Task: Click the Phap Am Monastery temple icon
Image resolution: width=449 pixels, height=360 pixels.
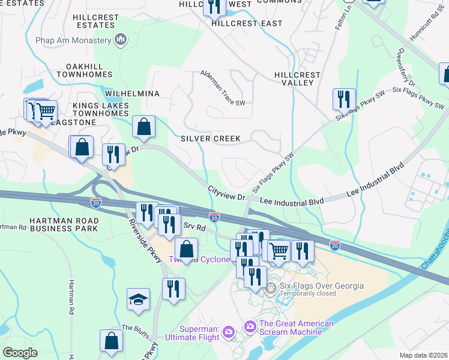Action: pyautogui.click(x=121, y=40)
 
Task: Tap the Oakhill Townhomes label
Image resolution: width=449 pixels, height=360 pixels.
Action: pyautogui.click(x=85, y=70)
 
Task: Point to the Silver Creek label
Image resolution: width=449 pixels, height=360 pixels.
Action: pyautogui.click(x=211, y=139)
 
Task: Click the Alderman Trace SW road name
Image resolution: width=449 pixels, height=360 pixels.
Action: pyautogui.click(x=223, y=86)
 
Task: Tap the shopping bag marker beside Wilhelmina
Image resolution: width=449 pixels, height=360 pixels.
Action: pyautogui.click(x=143, y=127)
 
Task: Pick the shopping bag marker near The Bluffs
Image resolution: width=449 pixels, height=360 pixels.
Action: pyautogui.click(x=111, y=341)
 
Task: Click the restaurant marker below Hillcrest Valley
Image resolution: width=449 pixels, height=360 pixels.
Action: pyautogui.click(x=344, y=99)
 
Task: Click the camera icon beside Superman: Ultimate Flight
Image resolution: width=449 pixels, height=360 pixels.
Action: pyautogui.click(x=228, y=332)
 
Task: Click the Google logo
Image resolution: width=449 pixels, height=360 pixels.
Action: pyautogui.click(x=20, y=353)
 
